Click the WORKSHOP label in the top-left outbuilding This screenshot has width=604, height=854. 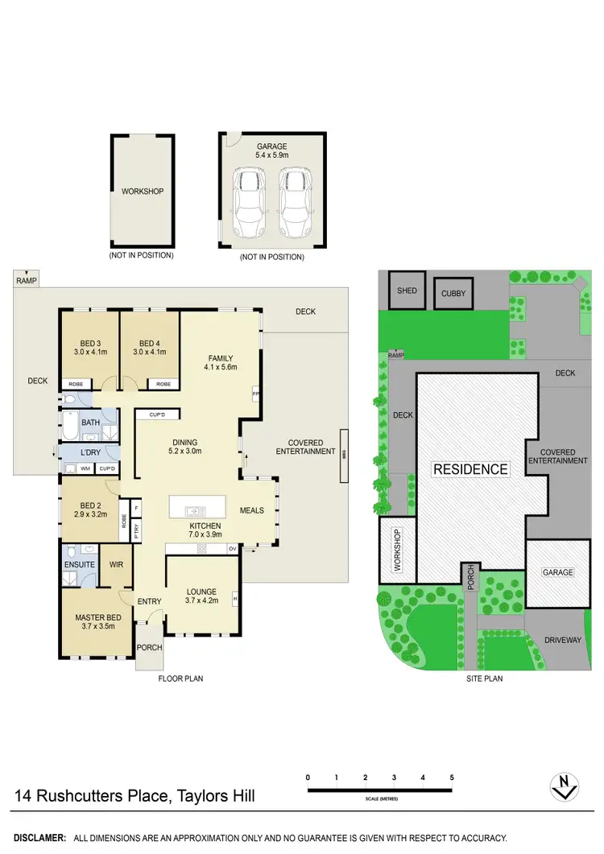143,192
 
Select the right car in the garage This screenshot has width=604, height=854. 295,204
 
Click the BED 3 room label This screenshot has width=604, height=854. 89,341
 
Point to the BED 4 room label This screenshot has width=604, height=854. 151,341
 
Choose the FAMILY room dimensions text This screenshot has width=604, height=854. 220,367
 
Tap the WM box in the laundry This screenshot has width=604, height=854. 85,468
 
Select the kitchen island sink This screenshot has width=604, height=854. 194,510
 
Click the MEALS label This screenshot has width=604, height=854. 252,510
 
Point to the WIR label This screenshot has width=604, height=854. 116,565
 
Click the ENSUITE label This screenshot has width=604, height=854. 80,565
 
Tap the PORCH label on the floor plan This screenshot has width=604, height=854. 150,647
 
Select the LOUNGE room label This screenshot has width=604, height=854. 201,592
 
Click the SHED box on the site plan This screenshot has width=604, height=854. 407,291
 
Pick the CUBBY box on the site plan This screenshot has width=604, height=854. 453,294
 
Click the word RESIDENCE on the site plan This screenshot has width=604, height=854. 471,469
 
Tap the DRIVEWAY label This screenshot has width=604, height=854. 562,641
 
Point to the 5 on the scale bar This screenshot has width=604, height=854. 452,778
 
